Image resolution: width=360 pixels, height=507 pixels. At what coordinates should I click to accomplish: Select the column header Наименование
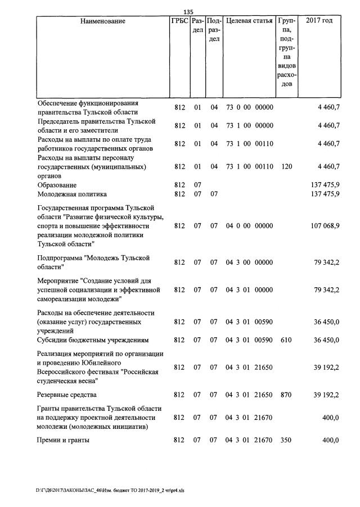coord(103,21)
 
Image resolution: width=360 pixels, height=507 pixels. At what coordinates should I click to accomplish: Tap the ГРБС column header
coord(179,21)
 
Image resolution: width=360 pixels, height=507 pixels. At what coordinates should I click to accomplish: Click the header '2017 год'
coord(319,21)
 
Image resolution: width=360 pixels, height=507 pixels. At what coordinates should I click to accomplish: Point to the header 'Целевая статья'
coord(249,21)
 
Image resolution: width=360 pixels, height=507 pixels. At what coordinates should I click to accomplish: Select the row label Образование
coord(57,185)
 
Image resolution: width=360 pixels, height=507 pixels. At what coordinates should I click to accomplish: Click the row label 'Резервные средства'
coord(67,395)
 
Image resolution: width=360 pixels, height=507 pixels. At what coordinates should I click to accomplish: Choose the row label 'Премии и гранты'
coord(63,440)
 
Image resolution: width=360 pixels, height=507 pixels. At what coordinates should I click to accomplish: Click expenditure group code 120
coord(287,166)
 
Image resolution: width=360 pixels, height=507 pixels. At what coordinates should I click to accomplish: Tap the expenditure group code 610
coord(287,341)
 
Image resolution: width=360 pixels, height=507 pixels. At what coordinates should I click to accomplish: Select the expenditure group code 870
coord(287,395)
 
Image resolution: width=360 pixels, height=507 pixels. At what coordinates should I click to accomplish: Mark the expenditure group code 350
coord(287,440)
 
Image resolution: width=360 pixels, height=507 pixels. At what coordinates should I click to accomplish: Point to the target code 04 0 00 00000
coord(249,226)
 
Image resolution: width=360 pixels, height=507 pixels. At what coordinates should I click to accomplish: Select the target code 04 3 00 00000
coord(249,262)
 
